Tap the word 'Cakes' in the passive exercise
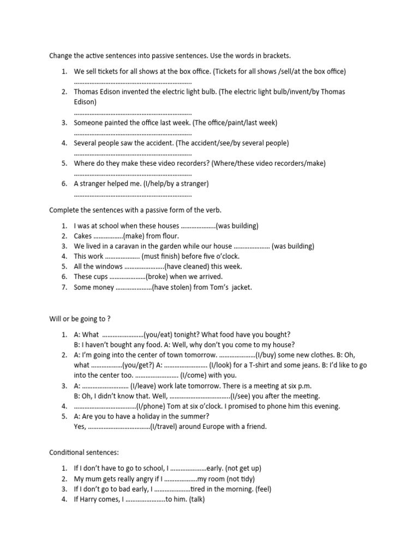point(83,236)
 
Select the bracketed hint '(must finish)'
point(162,256)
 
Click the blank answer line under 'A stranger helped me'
point(133,195)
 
